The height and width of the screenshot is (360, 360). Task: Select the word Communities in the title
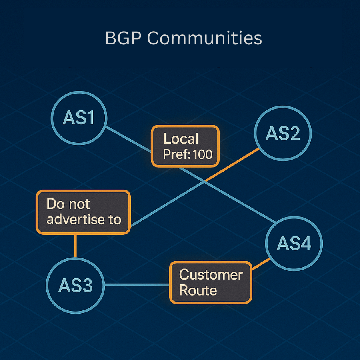(x=204, y=39)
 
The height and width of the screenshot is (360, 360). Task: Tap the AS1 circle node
(x=79, y=118)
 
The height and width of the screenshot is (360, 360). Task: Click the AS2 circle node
(x=283, y=134)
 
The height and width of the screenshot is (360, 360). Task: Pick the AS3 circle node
(x=75, y=285)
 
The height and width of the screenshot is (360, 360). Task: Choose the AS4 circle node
(x=294, y=244)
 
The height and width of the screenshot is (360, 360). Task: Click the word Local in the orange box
(x=181, y=139)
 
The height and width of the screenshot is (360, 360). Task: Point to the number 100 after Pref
(x=202, y=154)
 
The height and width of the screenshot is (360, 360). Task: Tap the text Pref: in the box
(x=176, y=154)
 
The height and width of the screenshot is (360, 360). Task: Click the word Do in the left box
(x=54, y=204)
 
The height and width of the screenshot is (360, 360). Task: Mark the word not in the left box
(x=79, y=204)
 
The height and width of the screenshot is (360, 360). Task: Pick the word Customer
(x=211, y=275)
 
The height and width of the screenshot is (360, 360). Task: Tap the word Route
(x=198, y=290)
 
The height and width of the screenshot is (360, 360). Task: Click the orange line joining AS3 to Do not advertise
(x=75, y=246)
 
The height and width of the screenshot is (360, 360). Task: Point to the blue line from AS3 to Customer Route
(x=136, y=285)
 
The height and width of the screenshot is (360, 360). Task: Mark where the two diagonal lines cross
(x=205, y=182)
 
